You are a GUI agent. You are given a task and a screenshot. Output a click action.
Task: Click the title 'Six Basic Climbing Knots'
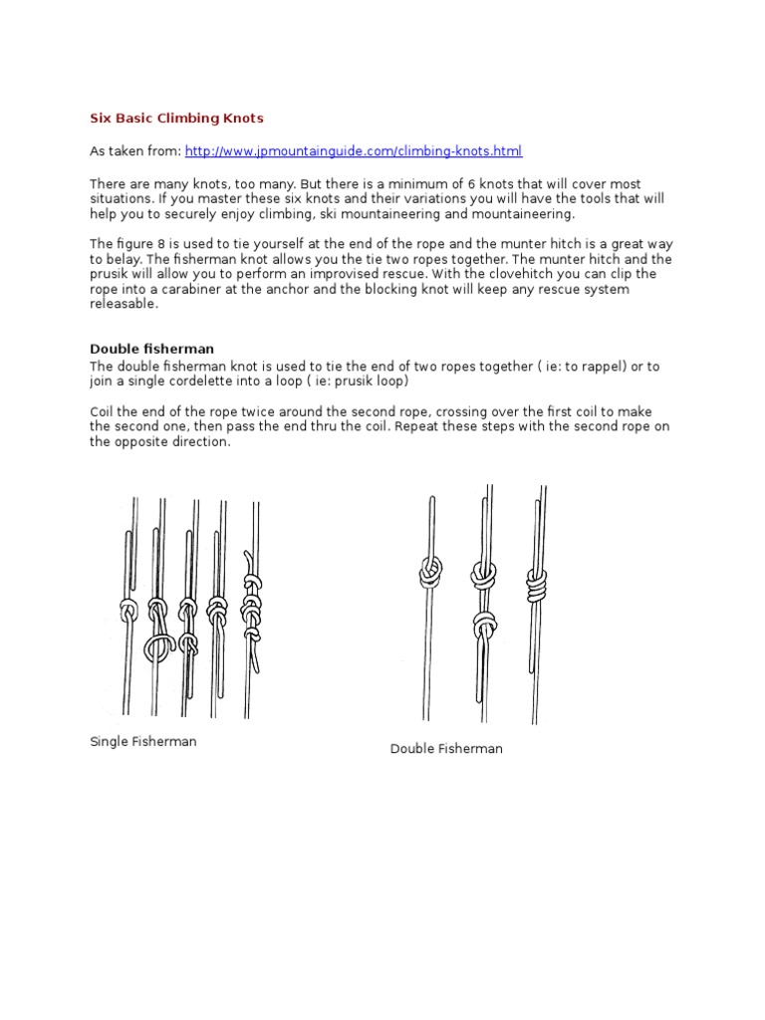tap(176, 119)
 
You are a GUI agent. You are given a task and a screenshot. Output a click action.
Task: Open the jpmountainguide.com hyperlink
tap(353, 151)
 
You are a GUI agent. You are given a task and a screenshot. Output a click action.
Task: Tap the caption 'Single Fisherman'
tap(142, 742)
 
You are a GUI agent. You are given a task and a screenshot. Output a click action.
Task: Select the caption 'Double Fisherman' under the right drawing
tap(446, 749)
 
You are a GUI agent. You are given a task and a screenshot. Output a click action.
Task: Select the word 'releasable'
tap(124, 304)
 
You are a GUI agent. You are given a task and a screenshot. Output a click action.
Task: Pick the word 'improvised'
tap(363, 274)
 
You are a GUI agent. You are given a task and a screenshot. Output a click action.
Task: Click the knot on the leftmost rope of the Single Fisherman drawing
tap(127, 610)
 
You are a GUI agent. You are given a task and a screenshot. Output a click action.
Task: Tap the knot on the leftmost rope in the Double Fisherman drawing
tap(430, 572)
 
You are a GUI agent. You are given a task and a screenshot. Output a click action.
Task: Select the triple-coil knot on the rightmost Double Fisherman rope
tap(536, 586)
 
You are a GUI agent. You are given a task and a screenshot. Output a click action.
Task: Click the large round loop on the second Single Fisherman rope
tap(157, 648)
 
